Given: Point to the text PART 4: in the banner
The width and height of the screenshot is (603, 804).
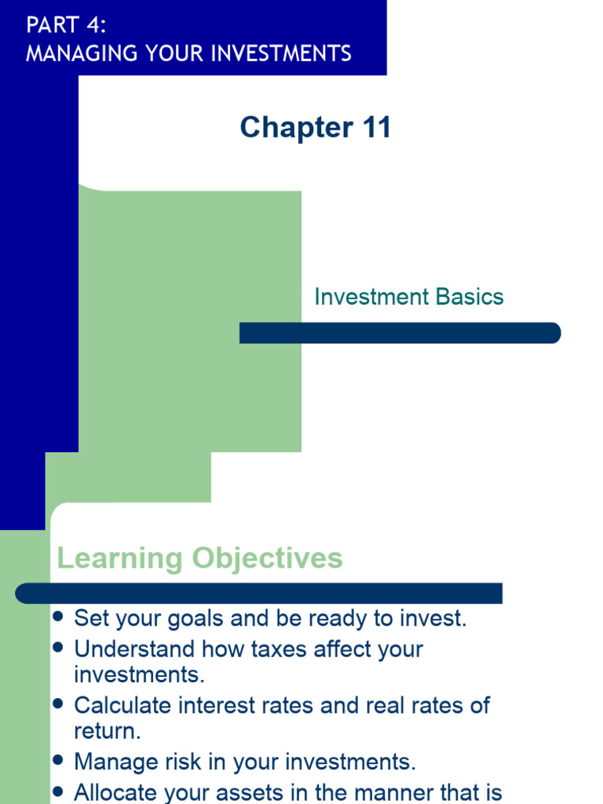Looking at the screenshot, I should pyautogui.click(x=66, y=25).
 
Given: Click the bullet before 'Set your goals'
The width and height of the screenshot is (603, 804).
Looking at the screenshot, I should pyautogui.click(x=57, y=617).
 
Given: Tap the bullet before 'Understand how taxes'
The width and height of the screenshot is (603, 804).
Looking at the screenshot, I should pyautogui.click(x=57, y=649).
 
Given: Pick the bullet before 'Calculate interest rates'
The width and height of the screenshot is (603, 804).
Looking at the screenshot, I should pyautogui.click(x=57, y=704).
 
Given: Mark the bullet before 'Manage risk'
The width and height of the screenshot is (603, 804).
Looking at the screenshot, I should pyautogui.click(x=57, y=760).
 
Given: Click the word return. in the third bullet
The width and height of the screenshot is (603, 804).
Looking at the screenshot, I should pyautogui.click(x=107, y=731).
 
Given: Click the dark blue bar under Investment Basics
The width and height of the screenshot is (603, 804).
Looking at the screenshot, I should pyautogui.click(x=400, y=333).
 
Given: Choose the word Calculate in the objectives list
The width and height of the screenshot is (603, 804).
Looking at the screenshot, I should pyautogui.click(x=123, y=705).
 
